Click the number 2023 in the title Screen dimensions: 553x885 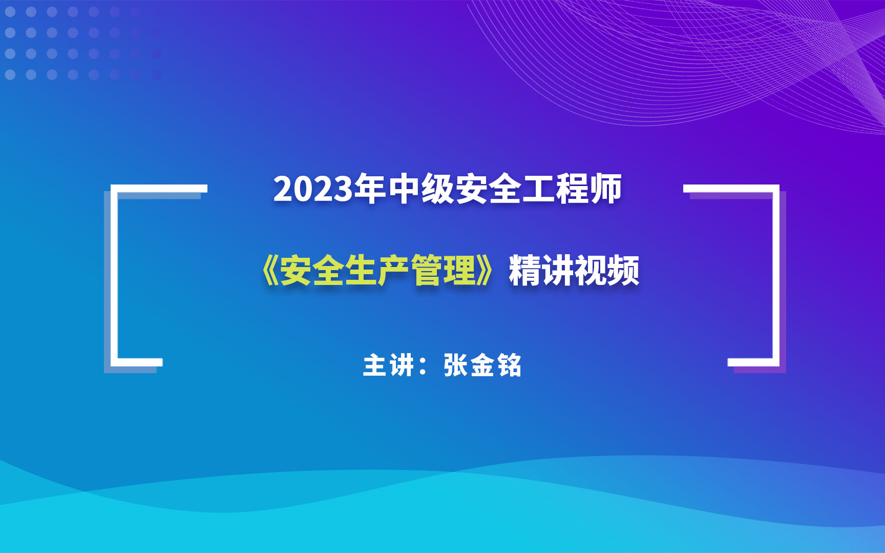(313, 190)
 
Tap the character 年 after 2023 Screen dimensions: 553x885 (370, 189)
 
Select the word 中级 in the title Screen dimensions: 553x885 (421, 189)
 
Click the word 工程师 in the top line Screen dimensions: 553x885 (572, 189)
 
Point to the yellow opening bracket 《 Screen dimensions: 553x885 (269, 271)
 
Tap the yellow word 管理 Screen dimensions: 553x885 (444, 271)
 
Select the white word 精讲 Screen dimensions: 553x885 (541, 271)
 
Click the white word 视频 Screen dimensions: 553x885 (607, 271)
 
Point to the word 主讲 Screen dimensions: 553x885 (388, 365)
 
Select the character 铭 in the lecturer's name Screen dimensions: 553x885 (509, 365)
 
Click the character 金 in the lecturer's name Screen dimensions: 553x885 (482, 365)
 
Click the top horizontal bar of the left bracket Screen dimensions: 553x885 (159, 189)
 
